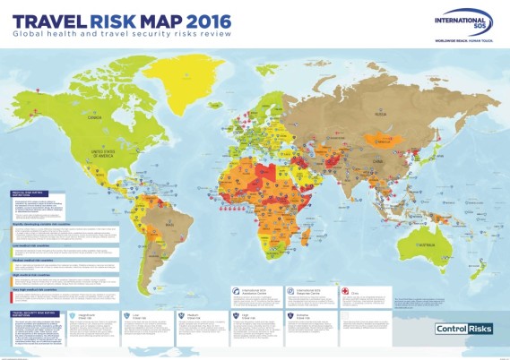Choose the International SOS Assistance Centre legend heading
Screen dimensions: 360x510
point(258,292)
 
